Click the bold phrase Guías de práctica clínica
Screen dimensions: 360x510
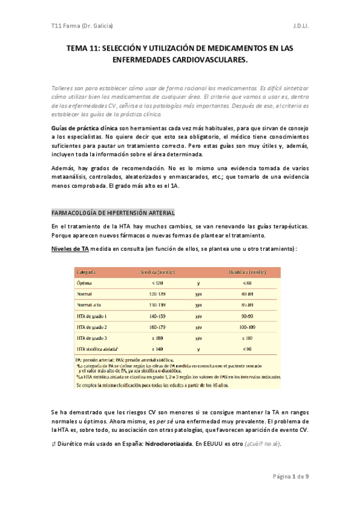click(84, 129)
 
